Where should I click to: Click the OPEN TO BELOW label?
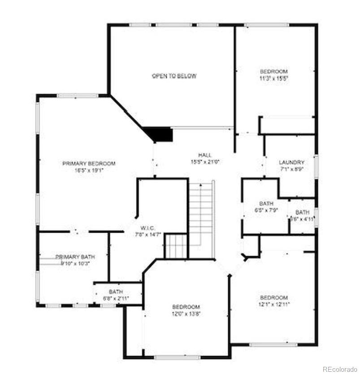174,76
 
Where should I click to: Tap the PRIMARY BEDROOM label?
89,164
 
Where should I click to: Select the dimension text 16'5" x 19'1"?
89,170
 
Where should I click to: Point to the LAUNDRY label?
291,162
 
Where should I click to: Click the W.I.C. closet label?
148,227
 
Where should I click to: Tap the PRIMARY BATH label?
75,257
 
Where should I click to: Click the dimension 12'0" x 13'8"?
186,313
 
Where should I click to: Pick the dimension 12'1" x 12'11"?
273,304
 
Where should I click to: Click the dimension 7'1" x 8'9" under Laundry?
291,169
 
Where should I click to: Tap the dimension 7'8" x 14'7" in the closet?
148,234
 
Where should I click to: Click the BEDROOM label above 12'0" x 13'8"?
186,307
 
